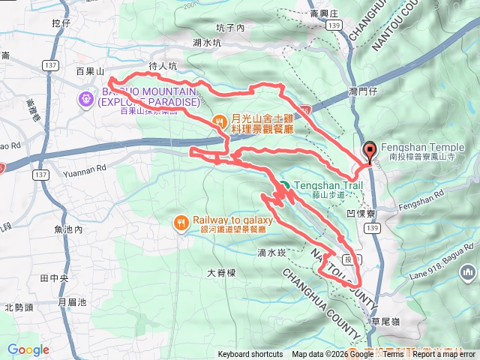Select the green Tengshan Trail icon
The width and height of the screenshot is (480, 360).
point(285,186)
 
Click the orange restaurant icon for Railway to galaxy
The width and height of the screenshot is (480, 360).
point(181,223)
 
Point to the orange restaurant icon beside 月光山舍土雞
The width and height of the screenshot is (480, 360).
point(220,120)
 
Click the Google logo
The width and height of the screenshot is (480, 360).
point(28,349)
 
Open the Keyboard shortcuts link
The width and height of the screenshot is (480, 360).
point(250,355)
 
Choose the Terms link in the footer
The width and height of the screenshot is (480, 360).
point(393,355)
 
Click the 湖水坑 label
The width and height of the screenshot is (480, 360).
point(207,43)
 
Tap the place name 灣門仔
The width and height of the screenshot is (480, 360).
point(364,91)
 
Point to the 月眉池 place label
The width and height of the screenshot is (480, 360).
point(72,302)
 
